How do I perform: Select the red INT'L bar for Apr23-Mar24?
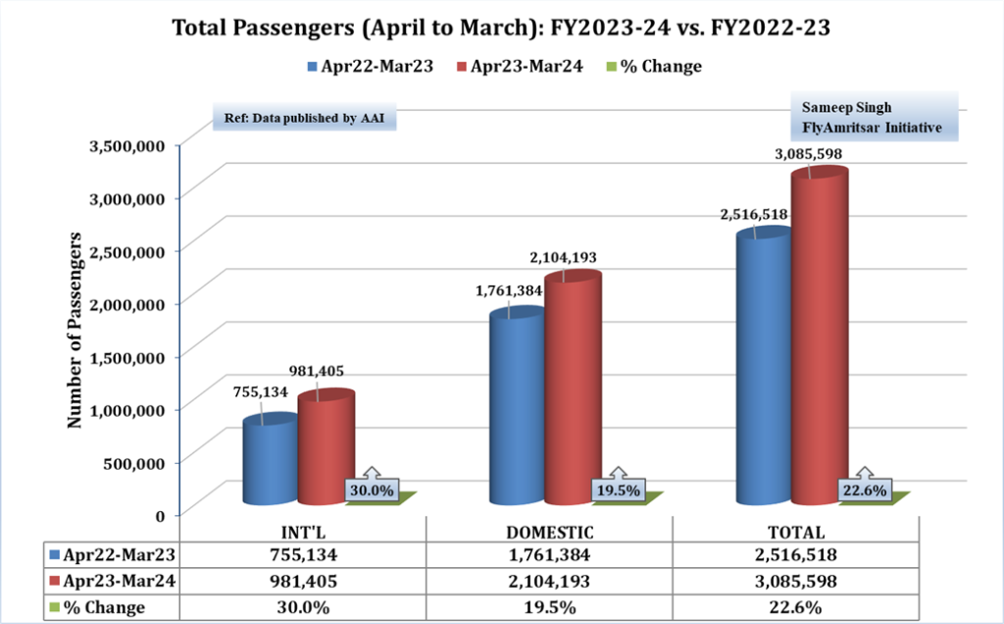[x=326, y=446]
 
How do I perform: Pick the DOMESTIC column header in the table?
[x=549, y=533]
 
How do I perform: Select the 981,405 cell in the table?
[x=303, y=581]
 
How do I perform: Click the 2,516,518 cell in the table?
[x=796, y=555]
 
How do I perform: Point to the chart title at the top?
[x=502, y=28]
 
